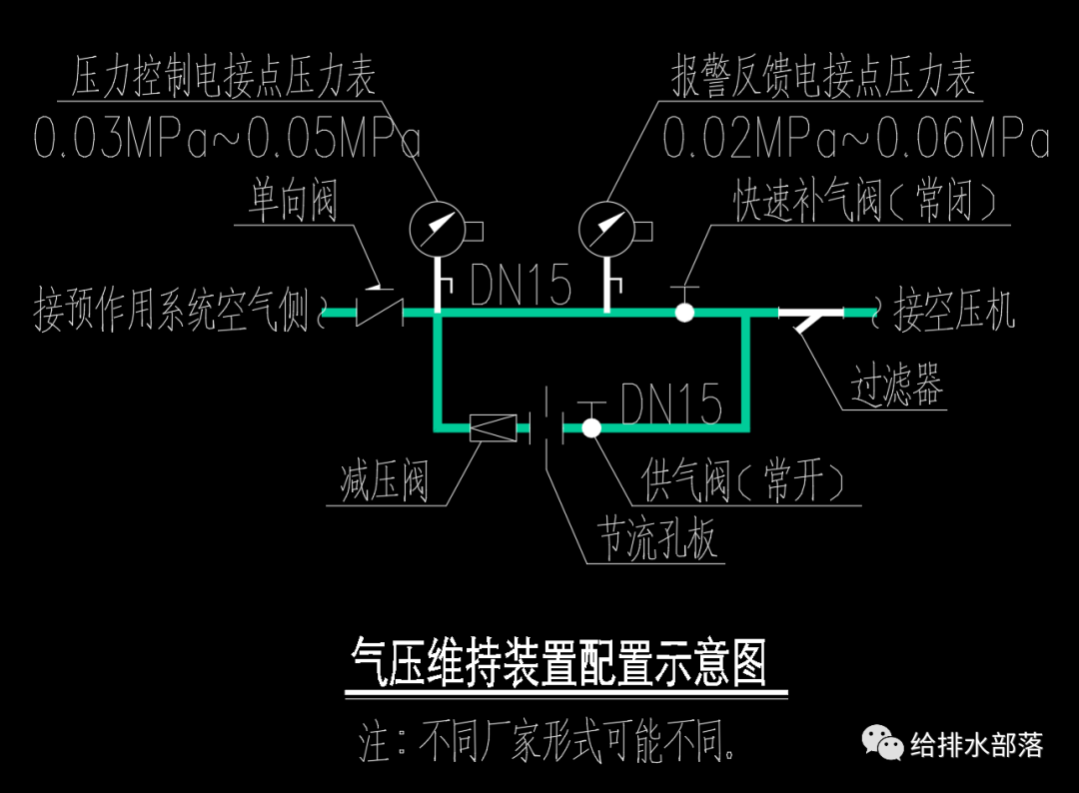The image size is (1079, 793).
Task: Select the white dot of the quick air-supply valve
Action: (684, 312)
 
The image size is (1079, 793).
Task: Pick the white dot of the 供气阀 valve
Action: (591, 428)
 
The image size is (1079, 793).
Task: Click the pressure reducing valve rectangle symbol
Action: (494, 428)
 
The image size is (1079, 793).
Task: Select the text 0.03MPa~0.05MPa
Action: (227, 141)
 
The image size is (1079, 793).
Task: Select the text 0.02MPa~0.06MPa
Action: (856, 141)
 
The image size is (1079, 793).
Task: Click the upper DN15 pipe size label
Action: (522, 287)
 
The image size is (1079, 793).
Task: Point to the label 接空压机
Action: (954, 311)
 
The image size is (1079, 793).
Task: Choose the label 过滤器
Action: (896, 385)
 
